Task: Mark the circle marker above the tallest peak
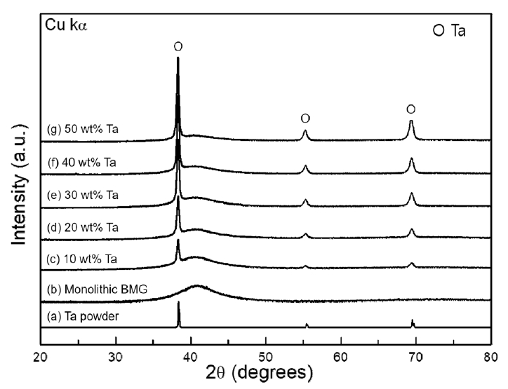[x=178, y=46]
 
